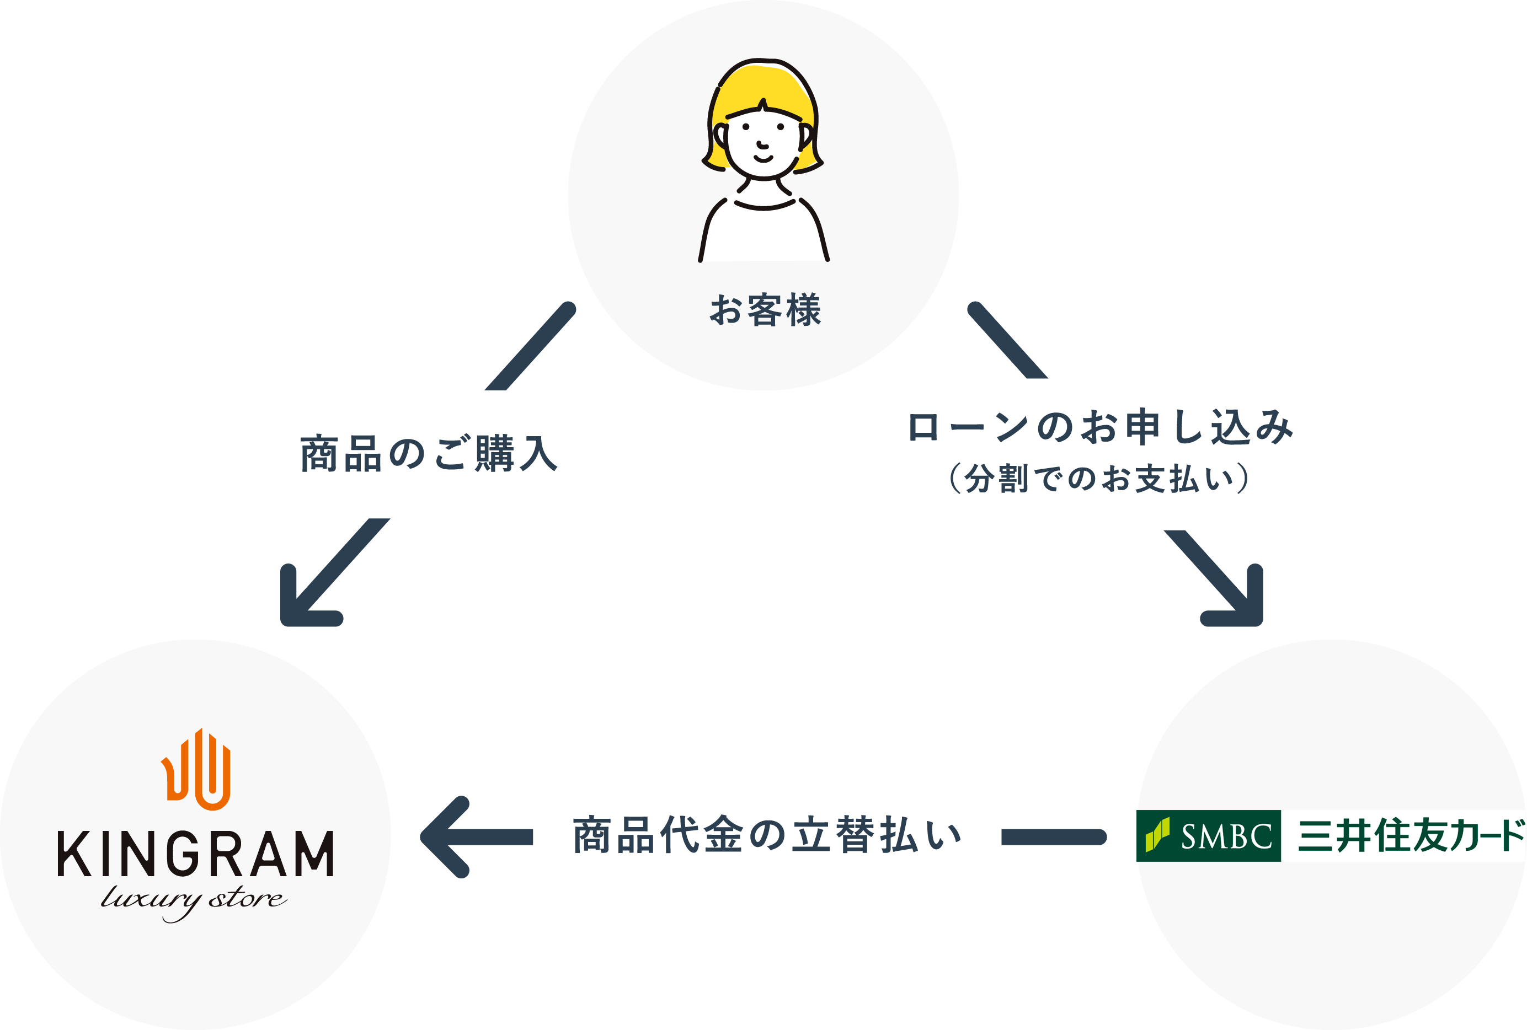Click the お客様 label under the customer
click(765, 310)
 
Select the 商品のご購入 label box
click(435, 454)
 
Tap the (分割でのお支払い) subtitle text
click(1098, 478)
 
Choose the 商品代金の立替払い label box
click(767, 835)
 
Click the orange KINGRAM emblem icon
click(196, 769)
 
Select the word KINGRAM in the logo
click(196, 854)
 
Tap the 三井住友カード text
click(1410, 835)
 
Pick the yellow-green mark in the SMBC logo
click(1157, 835)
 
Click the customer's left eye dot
click(746, 126)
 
